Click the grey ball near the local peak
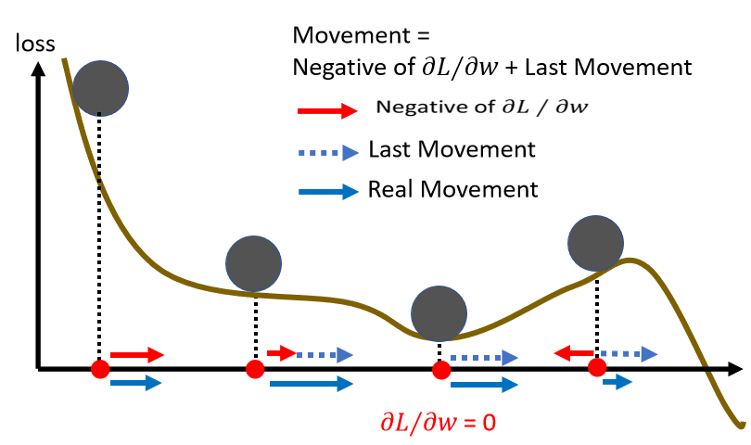coord(595,242)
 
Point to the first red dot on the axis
coord(100,369)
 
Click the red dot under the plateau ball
coord(254,369)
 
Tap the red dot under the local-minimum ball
coord(440,369)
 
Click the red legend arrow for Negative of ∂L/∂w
coord(327,110)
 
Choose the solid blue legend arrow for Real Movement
coord(327,192)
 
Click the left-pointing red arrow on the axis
coord(575,353)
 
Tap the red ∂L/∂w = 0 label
coord(437,422)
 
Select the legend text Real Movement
coord(452,190)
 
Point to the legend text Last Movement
coord(451,149)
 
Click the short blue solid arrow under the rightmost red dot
coord(616,380)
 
